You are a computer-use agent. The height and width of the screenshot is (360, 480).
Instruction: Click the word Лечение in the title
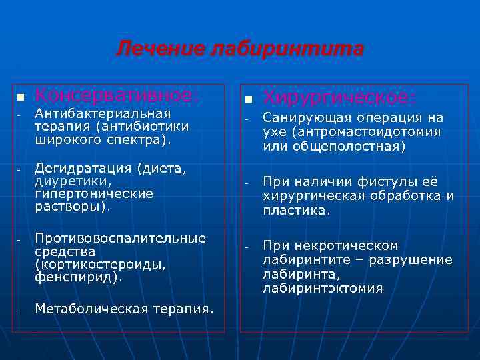click(x=161, y=49)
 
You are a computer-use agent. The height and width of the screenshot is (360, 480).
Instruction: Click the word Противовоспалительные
click(x=120, y=238)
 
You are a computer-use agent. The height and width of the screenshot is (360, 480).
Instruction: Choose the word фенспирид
click(x=76, y=275)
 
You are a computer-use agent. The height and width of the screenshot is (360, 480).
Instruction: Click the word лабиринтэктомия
click(x=323, y=288)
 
